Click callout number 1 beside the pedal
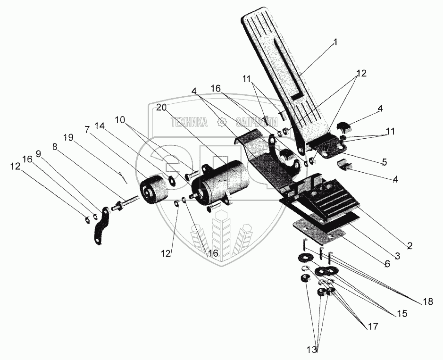[x=335, y=42]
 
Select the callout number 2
[x=410, y=245]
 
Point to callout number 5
[x=384, y=162]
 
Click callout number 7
[x=87, y=129]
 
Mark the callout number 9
[x=38, y=154]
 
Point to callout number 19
[x=68, y=137]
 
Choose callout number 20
[x=161, y=108]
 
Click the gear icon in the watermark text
[x=220, y=123]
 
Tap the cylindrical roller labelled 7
[x=152, y=190]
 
